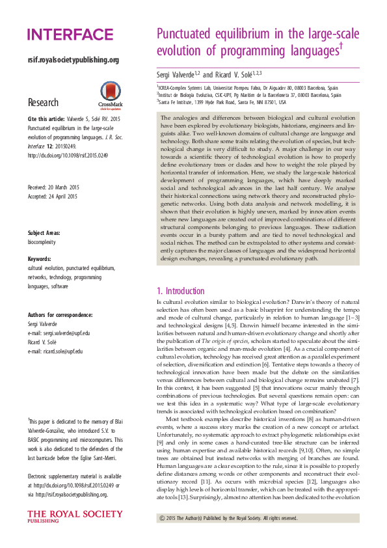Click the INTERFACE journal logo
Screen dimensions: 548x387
(x=70, y=34)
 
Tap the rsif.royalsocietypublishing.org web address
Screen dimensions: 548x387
(x=73, y=60)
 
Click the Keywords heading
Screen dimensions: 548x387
(x=40, y=260)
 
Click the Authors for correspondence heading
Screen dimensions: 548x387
(x=60, y=315)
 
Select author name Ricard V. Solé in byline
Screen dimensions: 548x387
(x=236, y=74)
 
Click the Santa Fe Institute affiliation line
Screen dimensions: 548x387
(x=221, y=102)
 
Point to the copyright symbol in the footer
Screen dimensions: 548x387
(x=162, y=518)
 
